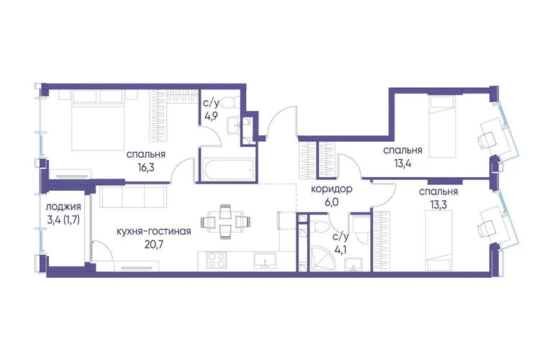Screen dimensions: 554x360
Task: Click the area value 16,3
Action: [x=145, y=166]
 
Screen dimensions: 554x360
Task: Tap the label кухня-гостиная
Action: [x=154, y=232]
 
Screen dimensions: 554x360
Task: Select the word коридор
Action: [x=332, y=189]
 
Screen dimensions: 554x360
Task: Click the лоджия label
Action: [x=63, y=207]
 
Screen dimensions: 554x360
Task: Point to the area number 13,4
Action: [x=402, y=163]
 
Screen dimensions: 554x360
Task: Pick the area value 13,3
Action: [x=438, y=204]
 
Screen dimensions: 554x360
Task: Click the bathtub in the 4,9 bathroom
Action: [x=230, y=171]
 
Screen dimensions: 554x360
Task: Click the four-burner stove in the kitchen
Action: [x=217, y=261]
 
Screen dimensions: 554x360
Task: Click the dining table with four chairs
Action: [x=226, y=222]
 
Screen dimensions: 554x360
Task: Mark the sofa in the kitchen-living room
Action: [x=133, y=197]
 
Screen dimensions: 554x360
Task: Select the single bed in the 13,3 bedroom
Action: [x=438, y=240]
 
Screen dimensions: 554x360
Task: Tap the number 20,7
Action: [x=154, y=244]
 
